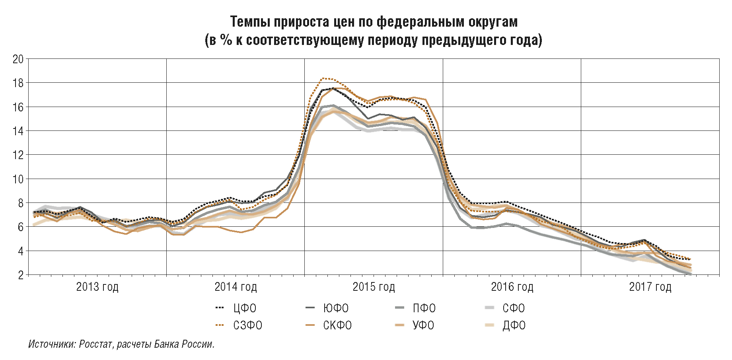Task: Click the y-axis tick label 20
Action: pos(18,59)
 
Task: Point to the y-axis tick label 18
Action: pos(18,83)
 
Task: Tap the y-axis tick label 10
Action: pos(18,179)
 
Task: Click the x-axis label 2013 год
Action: pos(97,287)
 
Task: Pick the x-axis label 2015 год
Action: pos(374,287)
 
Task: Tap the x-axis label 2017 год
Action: pos(650,287)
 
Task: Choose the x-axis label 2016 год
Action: pos(512,287)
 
